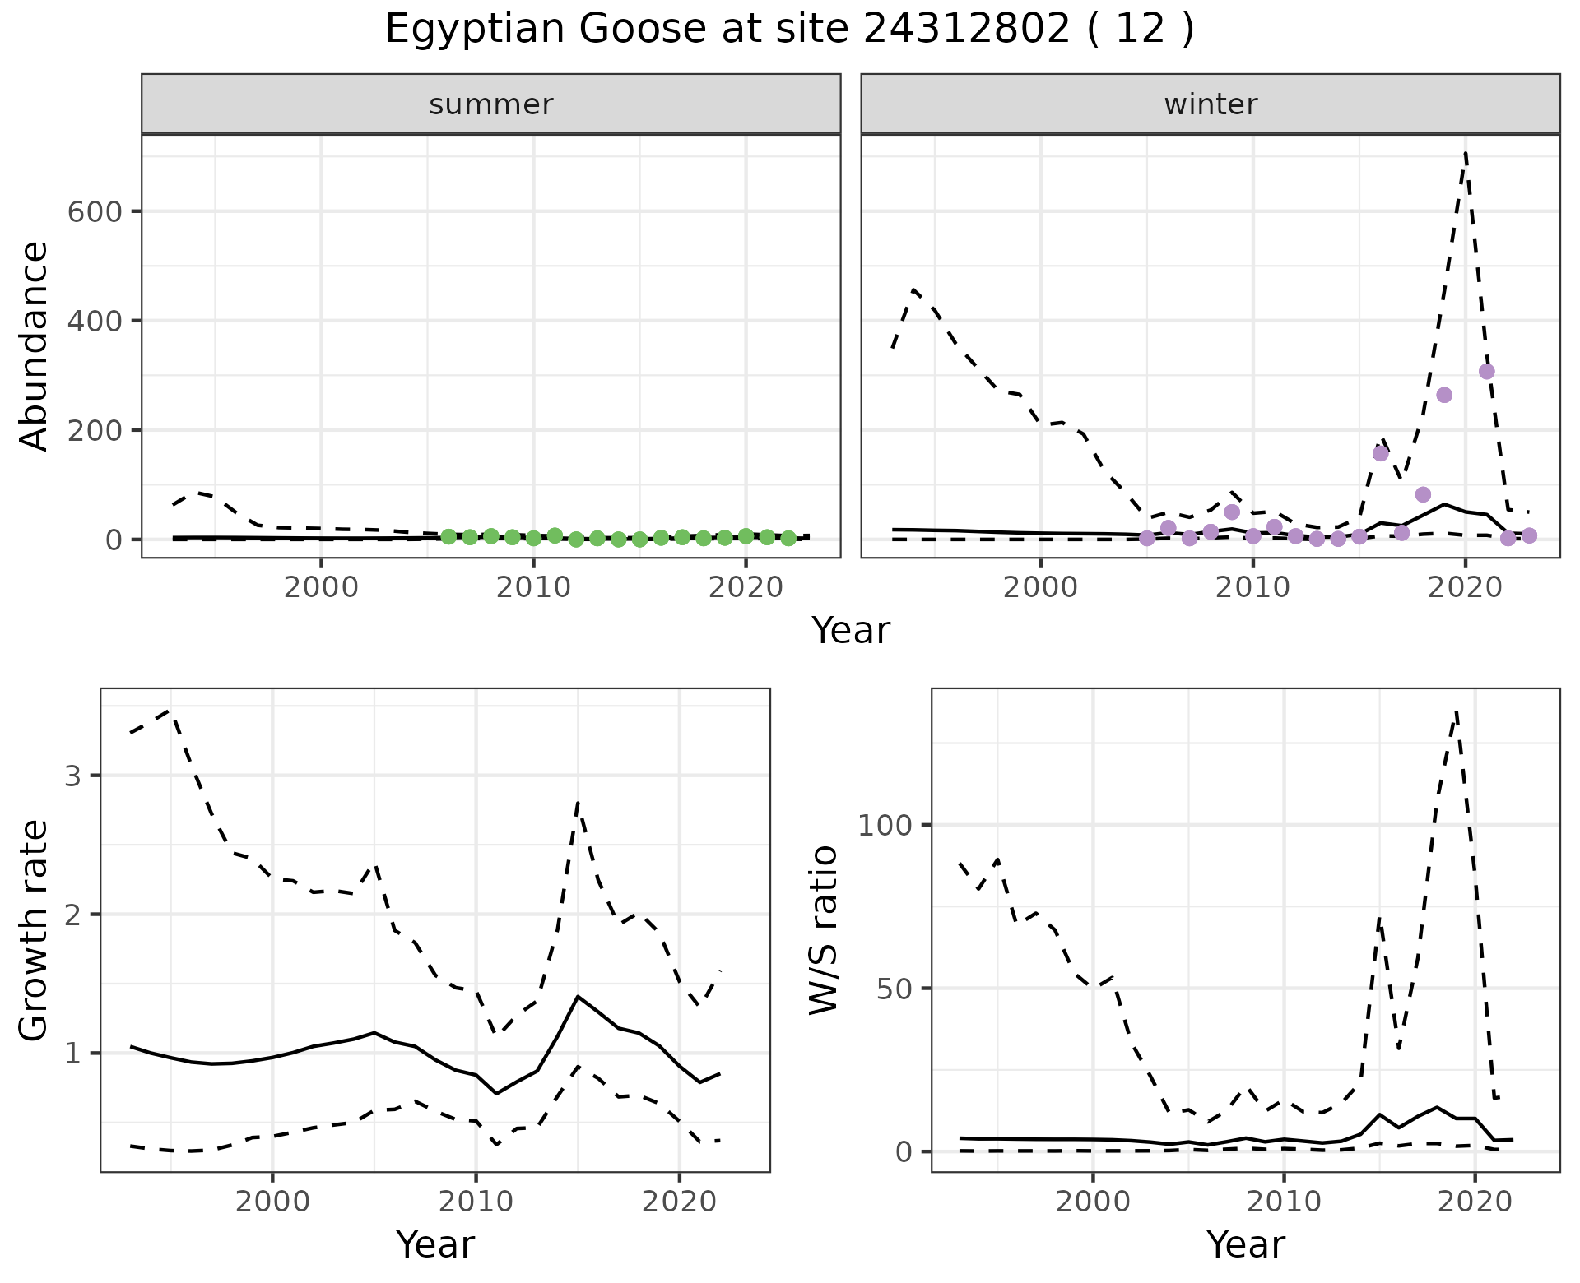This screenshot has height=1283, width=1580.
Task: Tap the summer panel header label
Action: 491,104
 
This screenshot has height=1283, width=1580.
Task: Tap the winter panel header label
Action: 1211,104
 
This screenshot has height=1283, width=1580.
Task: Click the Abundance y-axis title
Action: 35,345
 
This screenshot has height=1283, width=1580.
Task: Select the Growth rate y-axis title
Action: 35,930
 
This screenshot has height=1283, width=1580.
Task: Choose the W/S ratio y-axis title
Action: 824,930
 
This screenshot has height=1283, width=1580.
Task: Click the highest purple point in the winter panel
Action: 1486,372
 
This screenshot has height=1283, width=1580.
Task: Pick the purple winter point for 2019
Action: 1444,395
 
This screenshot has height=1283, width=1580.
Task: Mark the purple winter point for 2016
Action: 1381,453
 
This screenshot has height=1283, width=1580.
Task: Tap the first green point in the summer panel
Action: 448,536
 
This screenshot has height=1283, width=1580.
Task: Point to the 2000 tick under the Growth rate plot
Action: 272,1202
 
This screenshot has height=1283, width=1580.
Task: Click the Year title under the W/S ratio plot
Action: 1245,1244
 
